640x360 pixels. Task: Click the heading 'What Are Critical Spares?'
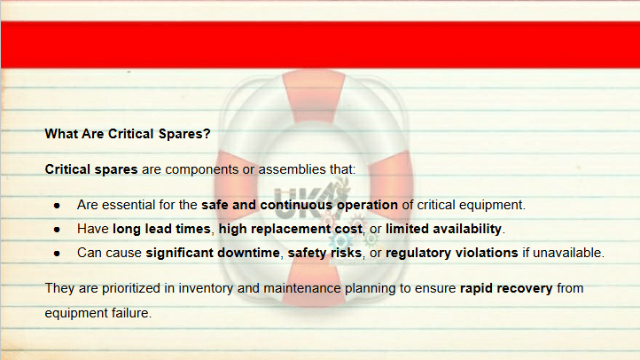[x=128, y=134]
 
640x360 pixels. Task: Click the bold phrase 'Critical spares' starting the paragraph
[x=91, y=169]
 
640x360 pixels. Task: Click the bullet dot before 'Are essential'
[x=57, y=206]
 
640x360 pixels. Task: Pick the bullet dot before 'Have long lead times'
[x=57, y=230]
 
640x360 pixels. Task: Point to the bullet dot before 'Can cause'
[x=57, y=254]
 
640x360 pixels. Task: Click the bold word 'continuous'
[x=296, y=205]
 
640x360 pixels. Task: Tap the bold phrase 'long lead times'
[x=161, y=229]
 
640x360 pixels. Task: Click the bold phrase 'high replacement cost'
[x=290, y=229]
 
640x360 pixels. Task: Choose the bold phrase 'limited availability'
[x=443, y=229]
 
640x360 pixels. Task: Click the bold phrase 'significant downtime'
[x=213, y=253]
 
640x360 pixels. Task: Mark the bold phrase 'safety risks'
[x=325, y=253]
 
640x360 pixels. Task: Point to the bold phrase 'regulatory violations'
[x=452, y=253]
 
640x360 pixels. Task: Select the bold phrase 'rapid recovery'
[x=506, y=288]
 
